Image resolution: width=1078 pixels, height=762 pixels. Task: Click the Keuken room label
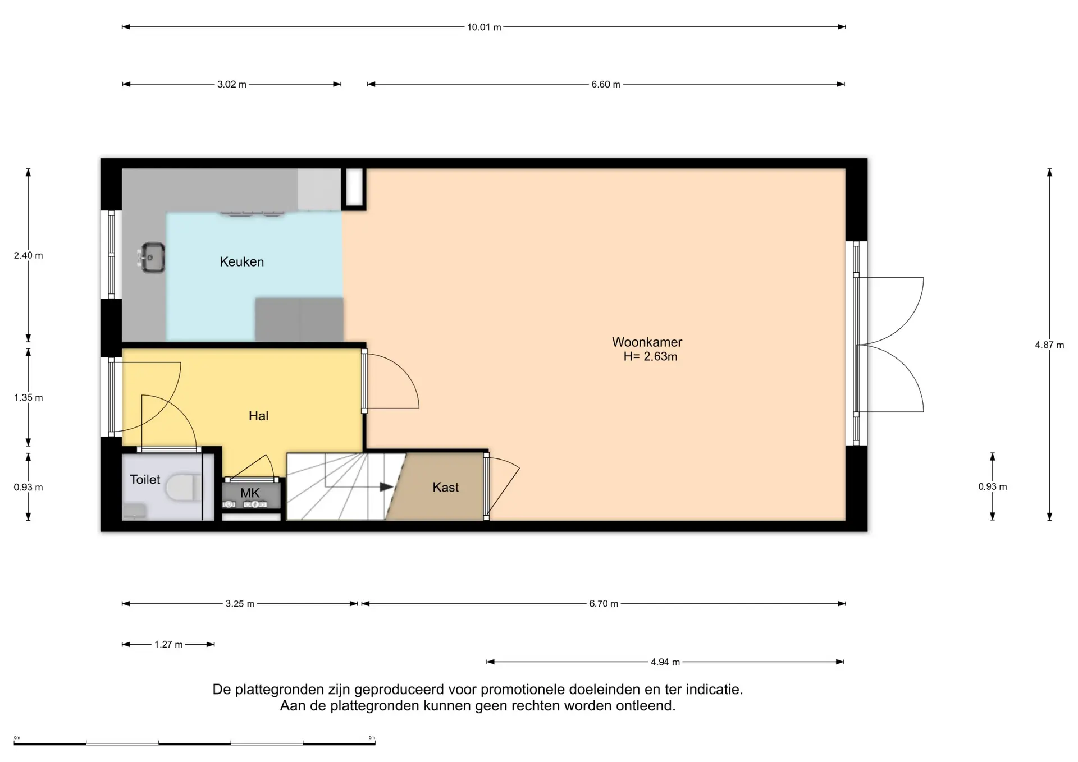click(241, 262)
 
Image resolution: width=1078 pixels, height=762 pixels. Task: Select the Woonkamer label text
click(647, 342)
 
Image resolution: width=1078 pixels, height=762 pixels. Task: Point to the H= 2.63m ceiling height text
click(650, 356)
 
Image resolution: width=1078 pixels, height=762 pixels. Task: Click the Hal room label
click(258, 416)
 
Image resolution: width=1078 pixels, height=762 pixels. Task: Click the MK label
click(250, 493)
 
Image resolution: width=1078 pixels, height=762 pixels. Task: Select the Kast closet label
click(445, 487)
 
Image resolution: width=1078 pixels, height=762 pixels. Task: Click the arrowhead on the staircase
click(386, 487)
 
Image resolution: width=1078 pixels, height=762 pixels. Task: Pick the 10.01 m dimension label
click(484, 27)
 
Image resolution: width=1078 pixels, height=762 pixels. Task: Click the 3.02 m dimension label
click(232, 85)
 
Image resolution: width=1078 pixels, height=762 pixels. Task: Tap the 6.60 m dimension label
click(606, 85)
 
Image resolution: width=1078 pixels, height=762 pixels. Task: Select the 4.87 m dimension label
click(1049, 345)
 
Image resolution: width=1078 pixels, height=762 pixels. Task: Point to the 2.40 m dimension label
click(28, 255)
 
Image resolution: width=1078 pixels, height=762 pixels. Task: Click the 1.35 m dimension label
click(28, 398)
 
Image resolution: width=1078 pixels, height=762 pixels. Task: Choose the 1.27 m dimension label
click(168, 645)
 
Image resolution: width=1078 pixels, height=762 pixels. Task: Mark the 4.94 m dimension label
click(665, 662)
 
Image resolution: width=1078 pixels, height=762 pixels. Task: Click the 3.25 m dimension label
click(240, 604)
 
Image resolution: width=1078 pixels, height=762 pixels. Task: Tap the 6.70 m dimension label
click(604, 604)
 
